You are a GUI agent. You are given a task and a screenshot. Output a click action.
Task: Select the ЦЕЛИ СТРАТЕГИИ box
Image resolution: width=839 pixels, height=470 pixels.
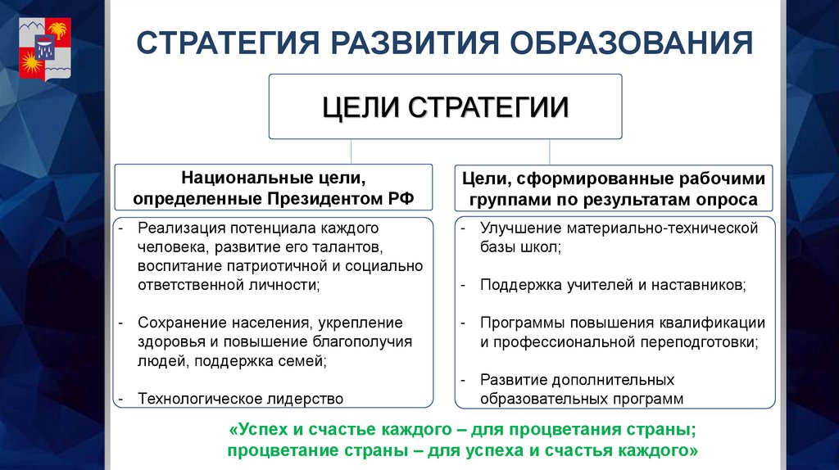[x=445, y=106]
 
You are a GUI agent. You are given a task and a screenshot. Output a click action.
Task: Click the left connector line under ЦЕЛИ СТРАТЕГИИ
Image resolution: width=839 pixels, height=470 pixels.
[x=351, y=151]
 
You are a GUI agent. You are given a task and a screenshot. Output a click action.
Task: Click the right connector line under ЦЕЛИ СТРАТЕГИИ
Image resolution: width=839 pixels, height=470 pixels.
[x=550, y=151]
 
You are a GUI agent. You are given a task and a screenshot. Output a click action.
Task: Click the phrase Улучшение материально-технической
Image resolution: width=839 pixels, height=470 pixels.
[x=619, y=228]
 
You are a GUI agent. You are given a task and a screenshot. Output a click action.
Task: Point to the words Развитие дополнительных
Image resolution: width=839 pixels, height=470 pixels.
[x=577, y=380]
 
